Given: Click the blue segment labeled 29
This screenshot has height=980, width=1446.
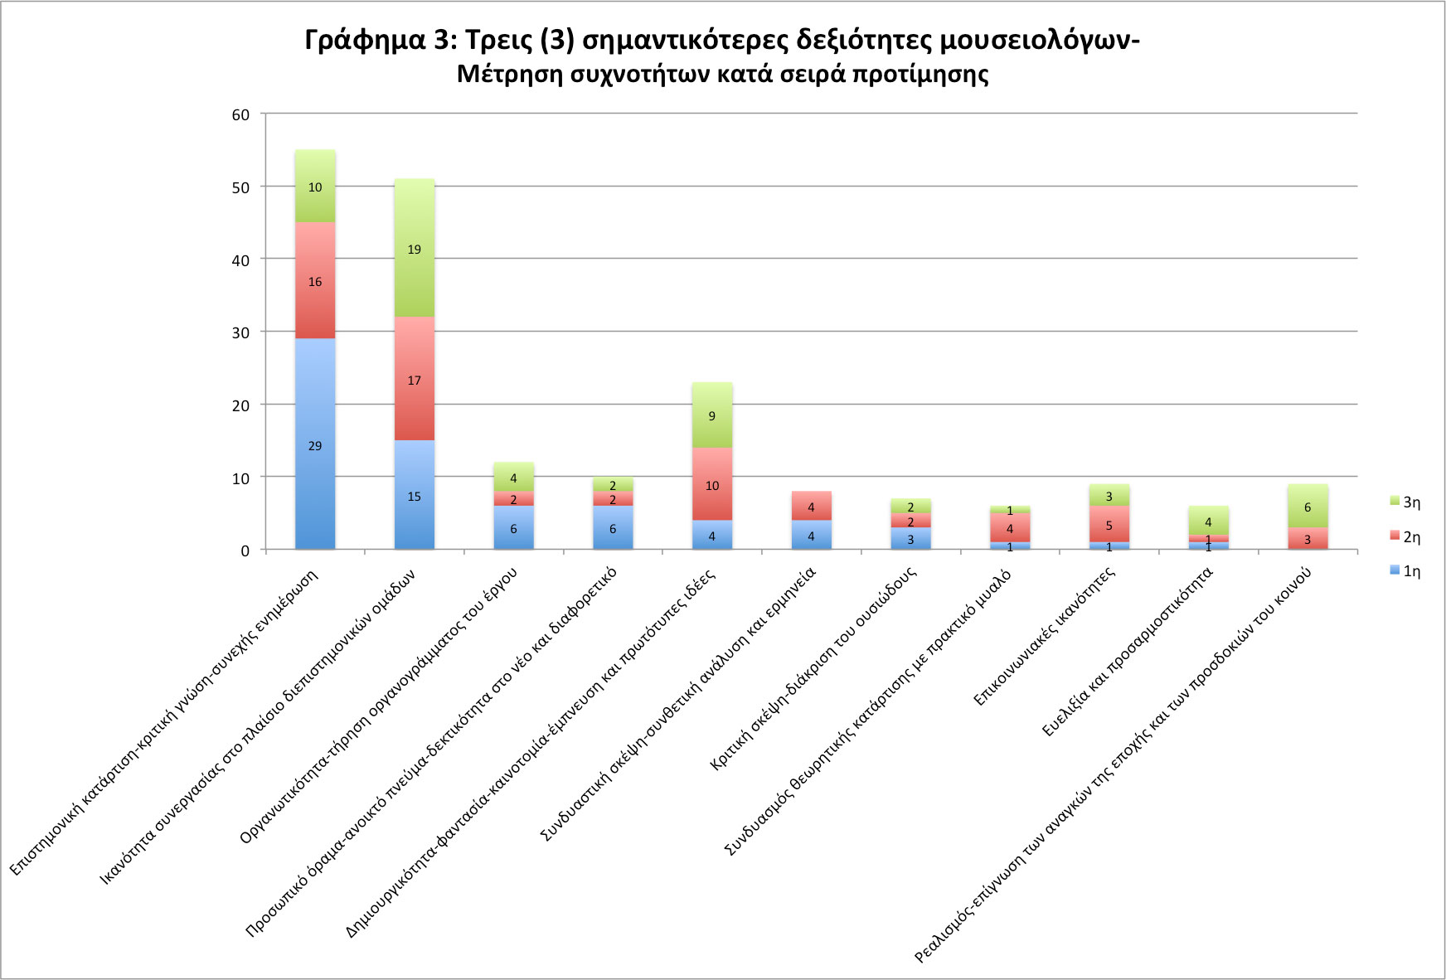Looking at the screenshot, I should pyautogui.click(x=315, y=444).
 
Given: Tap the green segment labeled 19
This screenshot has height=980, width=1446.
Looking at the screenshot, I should pyautogui.click(x=414, y=248).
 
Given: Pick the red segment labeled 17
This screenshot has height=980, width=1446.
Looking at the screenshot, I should pyautogui.click(x=414, y=379).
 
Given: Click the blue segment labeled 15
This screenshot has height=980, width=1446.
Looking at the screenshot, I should pyautogui.click(x=414, y=495).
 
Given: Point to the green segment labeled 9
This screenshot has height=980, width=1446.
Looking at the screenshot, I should pyautogui.click(x=711, y=415).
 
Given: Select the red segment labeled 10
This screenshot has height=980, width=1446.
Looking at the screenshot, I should pyautogui.click(x=711, y=484).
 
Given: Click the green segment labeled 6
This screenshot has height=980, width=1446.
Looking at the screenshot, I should pyautogui.click(x=1308, y=506).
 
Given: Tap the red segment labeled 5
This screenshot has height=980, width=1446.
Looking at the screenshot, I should pyautogui.click(x=1109, y=524).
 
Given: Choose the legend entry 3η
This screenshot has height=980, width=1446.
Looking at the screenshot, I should pyautogui.click(x=1405, y=502).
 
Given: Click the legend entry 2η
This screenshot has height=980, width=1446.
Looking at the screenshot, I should pyautogui.click(x=1405, y=537).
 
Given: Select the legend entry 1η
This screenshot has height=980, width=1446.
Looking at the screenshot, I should pyautogui.click(x=1405, y=571).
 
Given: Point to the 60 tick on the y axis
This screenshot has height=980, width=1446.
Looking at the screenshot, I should pyautogui.click(x=240, y=114).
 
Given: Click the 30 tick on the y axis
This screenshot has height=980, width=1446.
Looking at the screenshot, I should pyautogui.click(x=240, y=332).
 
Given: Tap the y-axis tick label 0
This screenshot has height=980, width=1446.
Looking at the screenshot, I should pyautogui.click(x=245, y=551).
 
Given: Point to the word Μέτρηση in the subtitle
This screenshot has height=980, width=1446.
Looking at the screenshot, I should pyautogui.click(x=509, y=75).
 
